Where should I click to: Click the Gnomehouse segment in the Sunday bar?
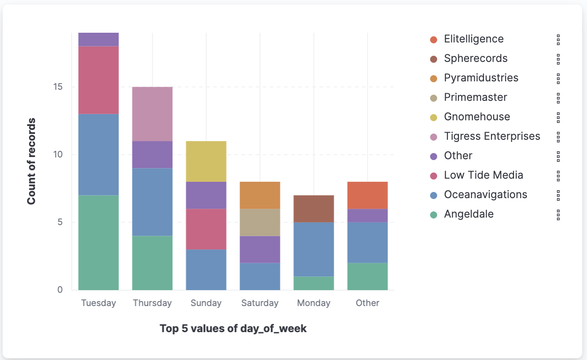pos(206,161)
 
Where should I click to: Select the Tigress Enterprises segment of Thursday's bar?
pos(152,114)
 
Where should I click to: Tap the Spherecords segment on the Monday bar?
pos(314,208)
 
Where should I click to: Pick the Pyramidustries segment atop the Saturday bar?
pos(260,195)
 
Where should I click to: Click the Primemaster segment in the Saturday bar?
pos(260,222)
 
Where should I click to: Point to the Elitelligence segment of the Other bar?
pos(367,195)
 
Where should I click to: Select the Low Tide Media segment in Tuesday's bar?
pos(99,80)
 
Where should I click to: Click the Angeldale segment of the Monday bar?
pos(314,283)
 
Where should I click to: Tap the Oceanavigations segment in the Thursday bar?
pos(152,202)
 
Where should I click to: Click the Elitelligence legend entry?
pos(473,39)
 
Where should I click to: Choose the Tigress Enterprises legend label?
pos(492,136)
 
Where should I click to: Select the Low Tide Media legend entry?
pos(483,175)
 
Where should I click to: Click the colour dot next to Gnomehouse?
pos(434,117)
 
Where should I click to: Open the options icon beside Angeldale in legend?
pos(558,214)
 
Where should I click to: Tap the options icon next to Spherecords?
pos(558,59)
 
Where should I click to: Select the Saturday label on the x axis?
pos(260,303)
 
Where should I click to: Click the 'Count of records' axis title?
pos(31,161)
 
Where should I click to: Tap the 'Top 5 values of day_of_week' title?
pos(233,329)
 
